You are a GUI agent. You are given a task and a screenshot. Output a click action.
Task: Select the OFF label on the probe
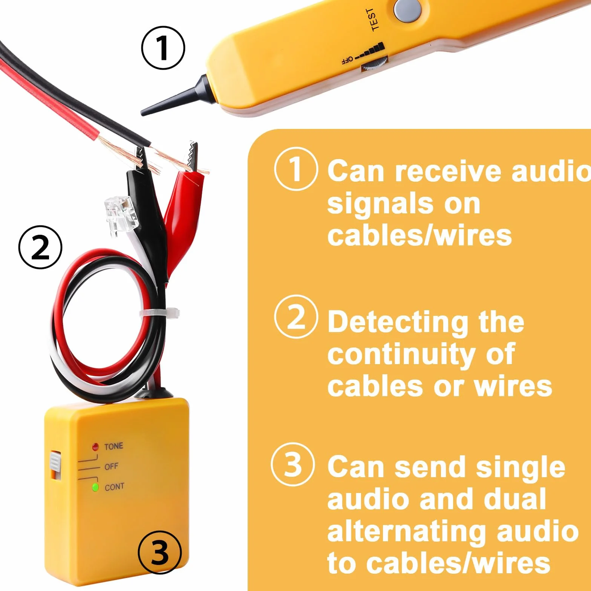pos(347,60)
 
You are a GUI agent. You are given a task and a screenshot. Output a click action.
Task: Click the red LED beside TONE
pos(95,447)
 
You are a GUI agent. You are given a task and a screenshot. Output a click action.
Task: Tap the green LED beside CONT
pos(95,487)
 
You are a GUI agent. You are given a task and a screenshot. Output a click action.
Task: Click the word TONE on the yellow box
pos(114,446)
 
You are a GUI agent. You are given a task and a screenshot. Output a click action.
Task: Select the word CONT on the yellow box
pos(115,487)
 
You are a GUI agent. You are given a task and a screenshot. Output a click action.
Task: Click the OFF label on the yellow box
pos(111,467)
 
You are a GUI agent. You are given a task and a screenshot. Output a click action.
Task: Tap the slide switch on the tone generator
pos(55,465)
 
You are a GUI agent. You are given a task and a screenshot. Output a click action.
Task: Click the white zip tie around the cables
pos(159,313)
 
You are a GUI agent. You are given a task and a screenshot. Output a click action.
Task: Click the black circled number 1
pos(163,48)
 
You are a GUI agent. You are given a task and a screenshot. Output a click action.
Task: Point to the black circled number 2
pos(40,247)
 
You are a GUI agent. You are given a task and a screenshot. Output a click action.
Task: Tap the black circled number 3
pos(160,553)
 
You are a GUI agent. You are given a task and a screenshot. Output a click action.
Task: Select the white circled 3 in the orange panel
pos(293,464)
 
